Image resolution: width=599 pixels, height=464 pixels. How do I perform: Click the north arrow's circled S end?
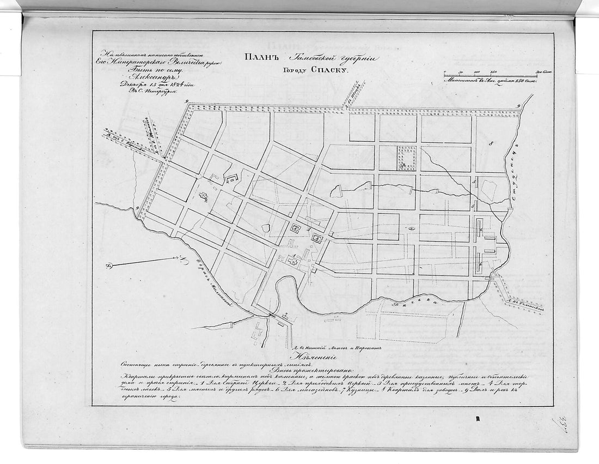click(x=109, y=266)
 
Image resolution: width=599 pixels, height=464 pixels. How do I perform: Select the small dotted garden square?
click(x=406, y=158)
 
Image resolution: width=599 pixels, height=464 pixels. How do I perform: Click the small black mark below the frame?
click(x=477, y=418)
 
